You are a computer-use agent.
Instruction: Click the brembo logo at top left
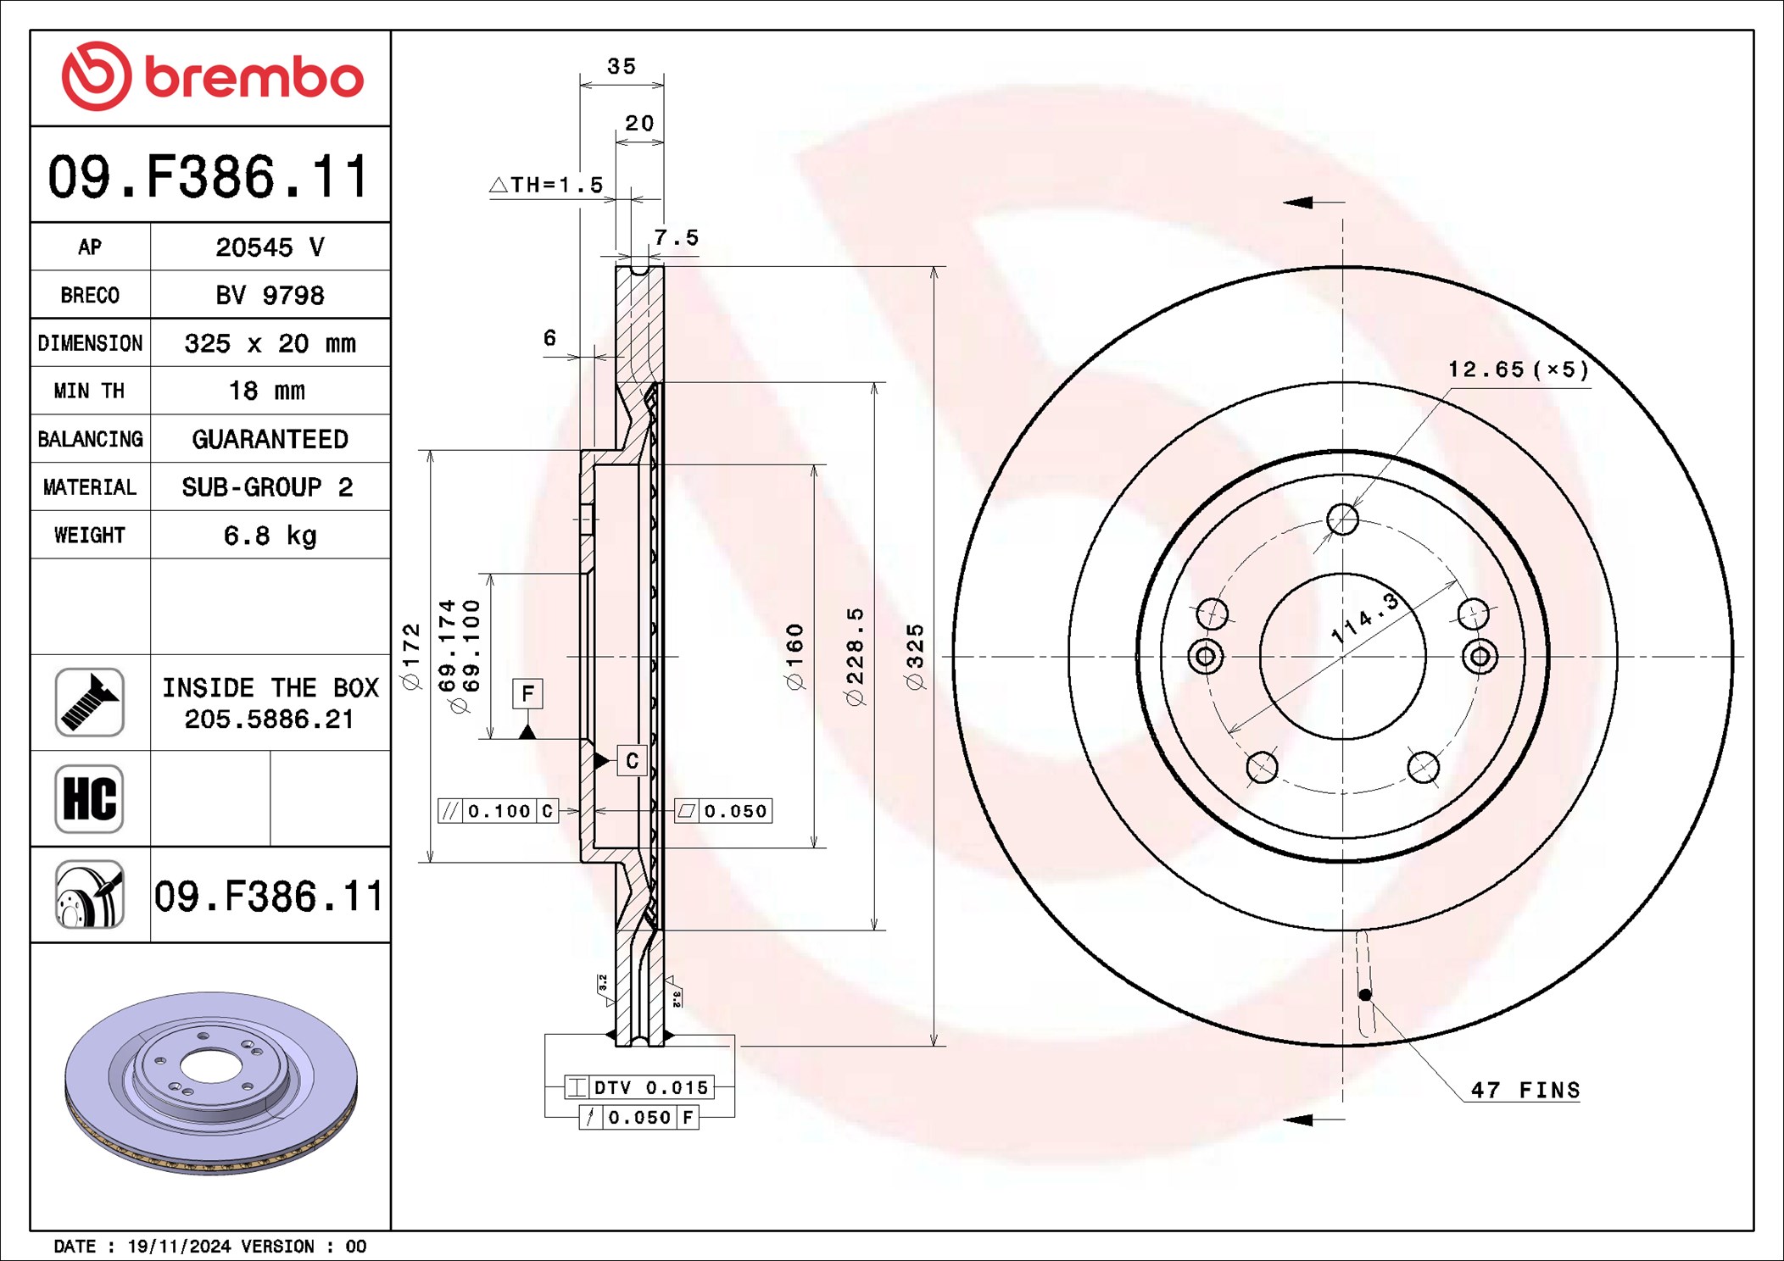click(212, 76)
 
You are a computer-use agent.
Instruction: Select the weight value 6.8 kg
click(270, 536)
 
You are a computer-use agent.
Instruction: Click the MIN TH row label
click(89, 391)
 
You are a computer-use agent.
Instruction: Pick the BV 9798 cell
click(270, 295)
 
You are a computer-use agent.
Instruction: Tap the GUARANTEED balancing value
click(270, 439)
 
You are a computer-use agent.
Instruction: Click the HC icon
click(89, 798)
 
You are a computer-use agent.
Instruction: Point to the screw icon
click(89, 703)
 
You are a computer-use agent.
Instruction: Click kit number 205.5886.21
click(269, 719)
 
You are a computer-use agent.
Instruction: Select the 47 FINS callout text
click(1525, 1090)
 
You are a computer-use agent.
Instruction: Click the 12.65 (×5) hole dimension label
click(1518, 369)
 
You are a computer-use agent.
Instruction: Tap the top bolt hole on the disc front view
click(1342, 519)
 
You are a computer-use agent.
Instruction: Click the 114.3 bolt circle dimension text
click(1364, 618)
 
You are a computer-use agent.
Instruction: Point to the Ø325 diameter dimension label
click(915, 657)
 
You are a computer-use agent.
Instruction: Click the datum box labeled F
click(527, 694)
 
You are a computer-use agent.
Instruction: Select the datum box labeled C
click(632, 761)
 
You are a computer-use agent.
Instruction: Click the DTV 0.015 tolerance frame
click(640, 1087)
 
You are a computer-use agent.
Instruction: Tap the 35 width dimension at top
click(622, 66)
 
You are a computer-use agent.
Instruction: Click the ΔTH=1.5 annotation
click(547, 185)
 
